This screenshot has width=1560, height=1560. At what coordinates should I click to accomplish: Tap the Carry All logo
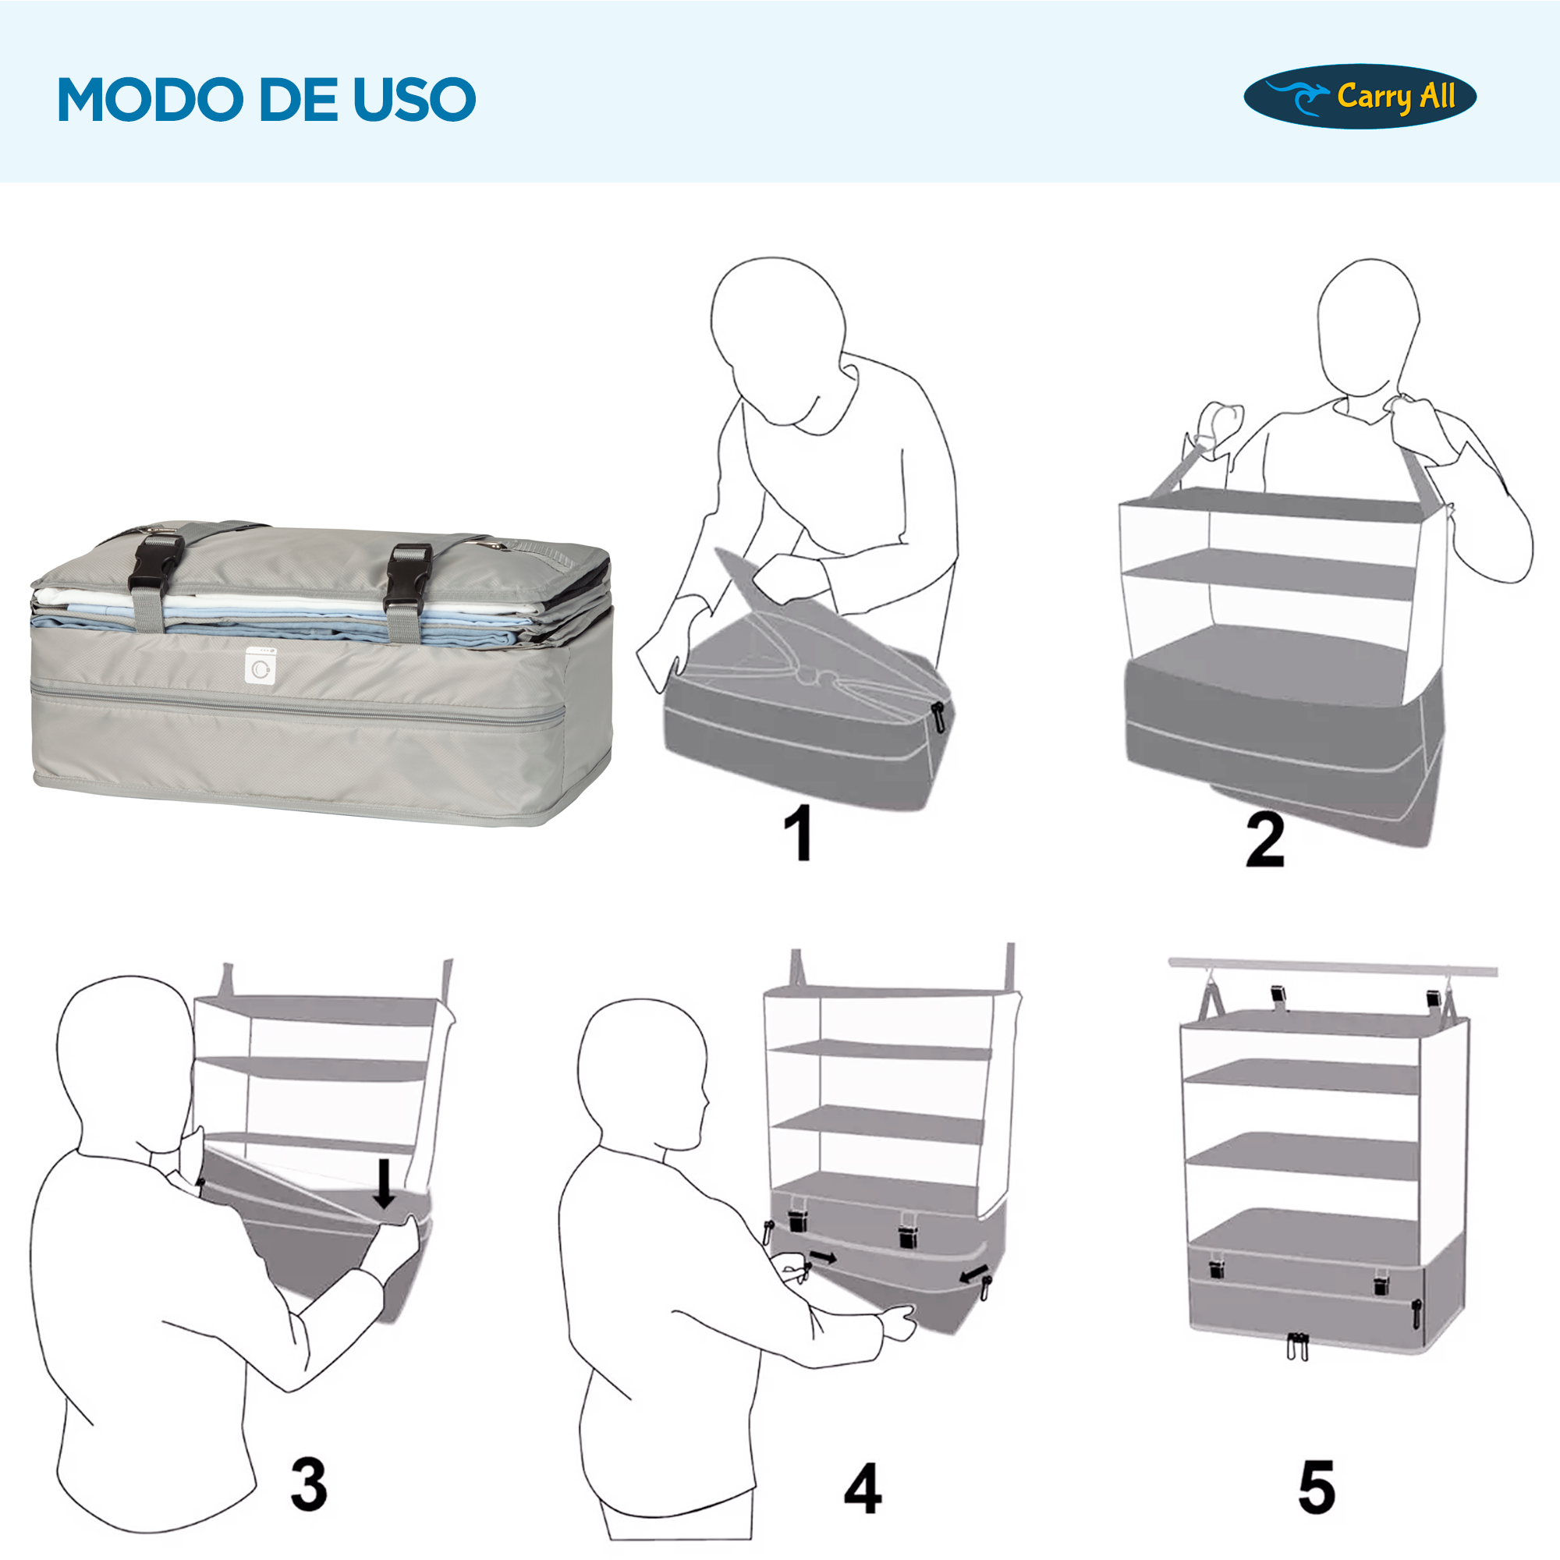pos(1360,97)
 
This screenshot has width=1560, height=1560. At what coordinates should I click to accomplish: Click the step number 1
pos(798,832)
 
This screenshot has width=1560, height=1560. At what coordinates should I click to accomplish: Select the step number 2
pos(1264,840)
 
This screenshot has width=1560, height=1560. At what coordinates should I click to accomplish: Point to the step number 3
pos(309,1484)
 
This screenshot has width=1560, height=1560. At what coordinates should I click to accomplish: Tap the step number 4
pos(863,1487)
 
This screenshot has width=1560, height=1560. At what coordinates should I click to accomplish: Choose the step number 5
pos(1316,1487)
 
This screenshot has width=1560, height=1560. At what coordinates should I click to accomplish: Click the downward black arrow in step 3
pos(385,1184)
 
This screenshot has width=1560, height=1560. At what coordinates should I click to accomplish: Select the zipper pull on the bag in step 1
pos(938,716)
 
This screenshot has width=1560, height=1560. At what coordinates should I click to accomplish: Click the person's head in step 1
pos(777,323)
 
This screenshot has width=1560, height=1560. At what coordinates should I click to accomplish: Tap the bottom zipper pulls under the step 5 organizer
pos(1297,1347)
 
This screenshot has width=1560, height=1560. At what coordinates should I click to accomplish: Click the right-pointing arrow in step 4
pos(824,1258)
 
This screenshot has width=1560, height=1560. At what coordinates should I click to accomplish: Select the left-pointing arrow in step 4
pos(973,1275)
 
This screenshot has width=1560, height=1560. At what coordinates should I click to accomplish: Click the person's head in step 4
pos(642,1070)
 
